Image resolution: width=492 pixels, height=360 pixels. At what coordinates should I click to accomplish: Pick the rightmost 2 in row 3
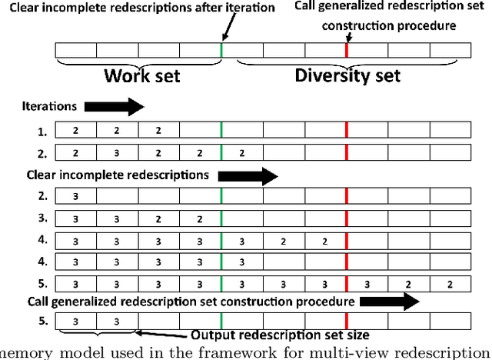pyautogui.click(x=200, y=218)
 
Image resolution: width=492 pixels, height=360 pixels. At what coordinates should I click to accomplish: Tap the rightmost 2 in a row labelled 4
pyautogui.click(x=324, y=242)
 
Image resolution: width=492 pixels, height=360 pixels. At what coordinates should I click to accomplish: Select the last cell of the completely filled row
pyautogui.click(x=448, y=284)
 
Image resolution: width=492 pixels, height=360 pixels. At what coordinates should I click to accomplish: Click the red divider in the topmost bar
pyautogui.click(x=347, y=50)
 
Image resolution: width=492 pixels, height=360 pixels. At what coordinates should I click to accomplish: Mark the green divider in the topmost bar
pyautogui.click(x=221, y=50)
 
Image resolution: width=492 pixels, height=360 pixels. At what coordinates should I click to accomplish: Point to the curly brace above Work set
pyautogui.click(x=139, y=63)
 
